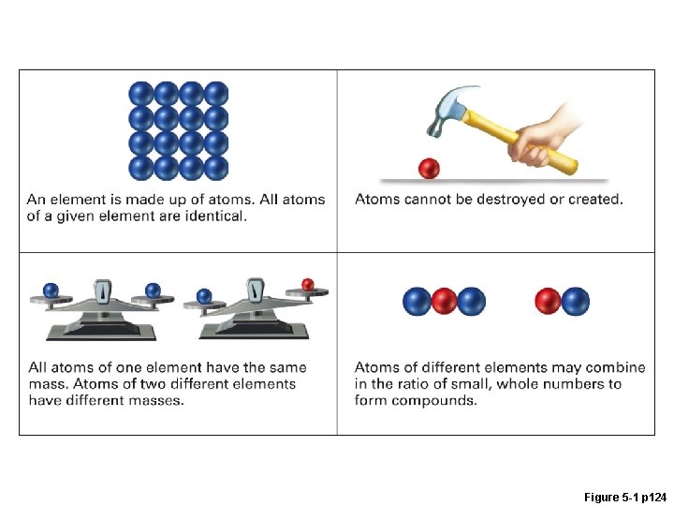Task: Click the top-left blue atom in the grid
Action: tap(141, 94)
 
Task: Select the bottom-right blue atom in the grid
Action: tap(216, 168)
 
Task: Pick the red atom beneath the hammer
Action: tap(429, 169)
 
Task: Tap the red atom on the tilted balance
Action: tap(307, 285)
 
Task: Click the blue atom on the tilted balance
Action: tap(205, 296)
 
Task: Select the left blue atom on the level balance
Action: tap(51, 290)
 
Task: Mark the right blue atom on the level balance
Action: tap(154, 290)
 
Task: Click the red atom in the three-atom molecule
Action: tap(444, 302)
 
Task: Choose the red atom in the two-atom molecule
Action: tap(548, 302)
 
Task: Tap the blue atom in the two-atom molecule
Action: tap(576, 302)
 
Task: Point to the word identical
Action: tap(216, 216)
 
